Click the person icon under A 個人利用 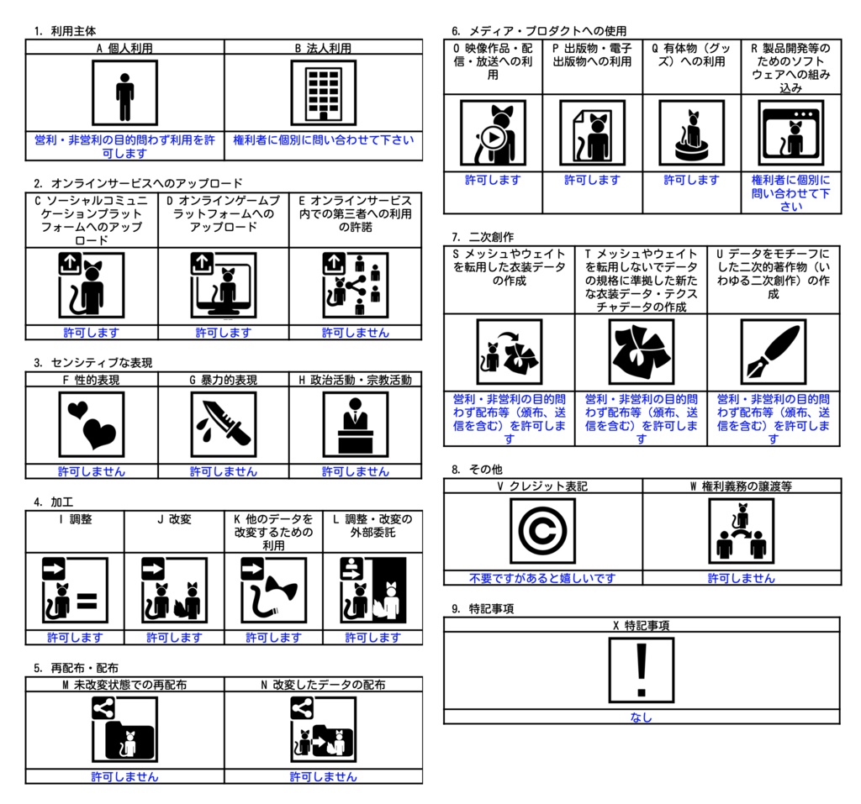(x=125, y=93)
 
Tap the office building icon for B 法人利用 (x=324, y=93)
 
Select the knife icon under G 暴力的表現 (x=224, y=424)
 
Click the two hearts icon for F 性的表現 (x=92, y=424)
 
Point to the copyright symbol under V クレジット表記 (x=542, y=531)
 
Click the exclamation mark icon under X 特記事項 (x=642, y=670)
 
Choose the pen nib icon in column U (x=774, y=352)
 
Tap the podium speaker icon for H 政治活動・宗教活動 (x=356, y=424)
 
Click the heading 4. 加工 (x=53, y=502)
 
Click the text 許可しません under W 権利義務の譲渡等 (x=742, y=578)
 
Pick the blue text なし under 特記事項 (x=642, y=717)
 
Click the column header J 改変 (x=174, y=519)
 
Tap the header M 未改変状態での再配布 (x=124, y=685)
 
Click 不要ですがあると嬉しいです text (x=542, y=578)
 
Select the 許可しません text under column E (x=356, y=333)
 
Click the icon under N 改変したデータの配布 (x=324, y=729)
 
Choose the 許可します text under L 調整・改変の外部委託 (x=372, y=637)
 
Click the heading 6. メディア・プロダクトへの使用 (x=539, y=31)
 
